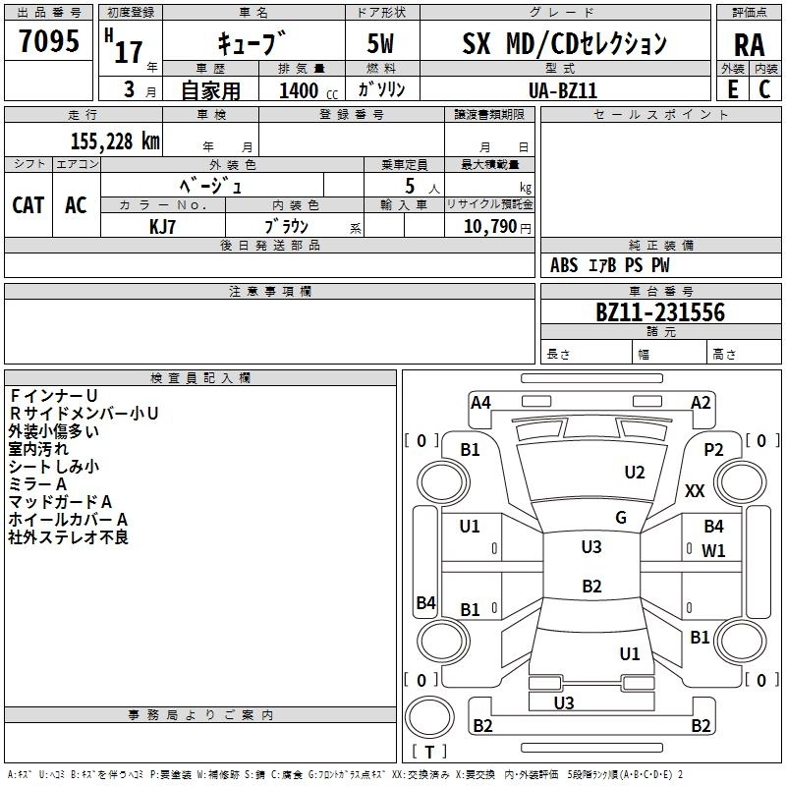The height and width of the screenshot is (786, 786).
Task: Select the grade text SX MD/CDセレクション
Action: (x=564, y=44)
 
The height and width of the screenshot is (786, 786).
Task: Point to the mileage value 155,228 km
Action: (x=115, y=140)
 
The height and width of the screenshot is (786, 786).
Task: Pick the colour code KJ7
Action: (x=163, y=226)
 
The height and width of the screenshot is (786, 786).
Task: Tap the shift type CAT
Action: (x=28, y=204)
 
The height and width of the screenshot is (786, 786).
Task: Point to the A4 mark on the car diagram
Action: (x=480, y=402)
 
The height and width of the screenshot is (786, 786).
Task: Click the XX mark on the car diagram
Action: (x=695, y=490)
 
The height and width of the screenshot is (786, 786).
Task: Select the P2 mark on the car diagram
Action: (x=713, y=449)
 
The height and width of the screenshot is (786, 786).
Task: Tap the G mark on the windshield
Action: (x=621, y=517)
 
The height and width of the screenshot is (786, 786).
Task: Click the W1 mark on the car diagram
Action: (x=713, y=550)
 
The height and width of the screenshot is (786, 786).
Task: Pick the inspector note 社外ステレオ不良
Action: (x=69, y=537)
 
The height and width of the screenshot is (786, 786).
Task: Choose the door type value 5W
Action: (x=382, y=44)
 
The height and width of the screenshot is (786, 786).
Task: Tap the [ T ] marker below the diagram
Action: (x=429, y=752)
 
